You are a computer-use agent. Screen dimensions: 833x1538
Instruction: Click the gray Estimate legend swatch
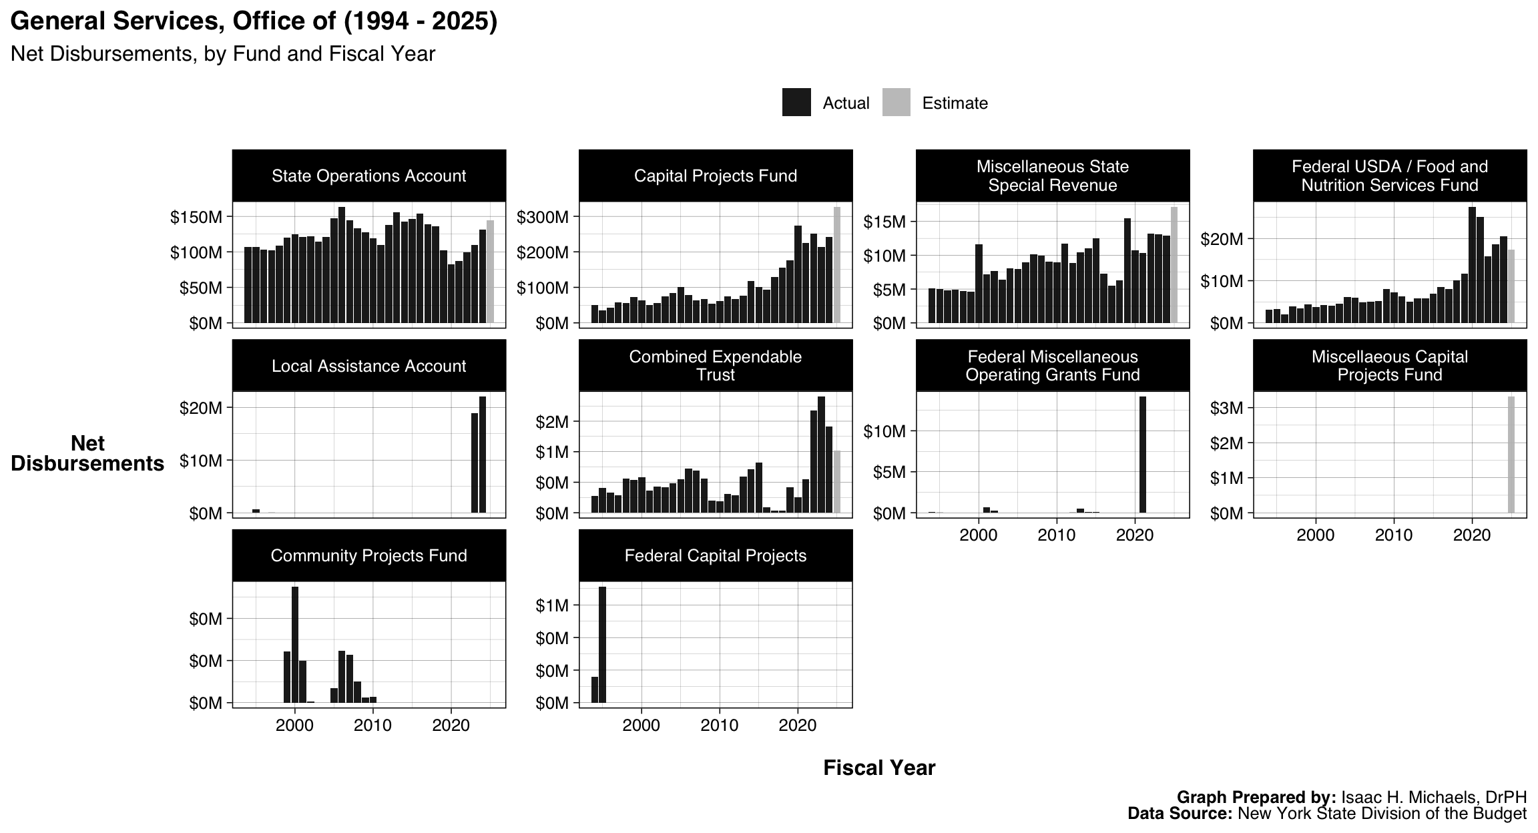(896, 103)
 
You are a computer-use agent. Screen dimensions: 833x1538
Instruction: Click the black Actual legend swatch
(796, 103)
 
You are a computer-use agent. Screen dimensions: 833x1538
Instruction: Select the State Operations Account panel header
(368, 176)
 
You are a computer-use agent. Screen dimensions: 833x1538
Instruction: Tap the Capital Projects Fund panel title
(715, 176)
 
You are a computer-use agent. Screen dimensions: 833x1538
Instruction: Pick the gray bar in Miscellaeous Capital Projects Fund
(1511, 455)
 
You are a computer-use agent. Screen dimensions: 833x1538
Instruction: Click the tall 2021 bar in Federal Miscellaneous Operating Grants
(1143, 455)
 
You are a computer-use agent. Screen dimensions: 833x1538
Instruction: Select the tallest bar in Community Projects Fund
(295, 644)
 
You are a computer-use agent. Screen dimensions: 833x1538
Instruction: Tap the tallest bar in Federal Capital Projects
(602, 644)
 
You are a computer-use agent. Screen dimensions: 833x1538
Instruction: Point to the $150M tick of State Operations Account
(196, 218)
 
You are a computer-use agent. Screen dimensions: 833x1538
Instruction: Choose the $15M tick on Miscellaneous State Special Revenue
(884, 222)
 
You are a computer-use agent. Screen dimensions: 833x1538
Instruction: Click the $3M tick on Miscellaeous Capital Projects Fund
(1227, 408)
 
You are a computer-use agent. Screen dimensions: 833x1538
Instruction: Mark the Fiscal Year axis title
(878, 768)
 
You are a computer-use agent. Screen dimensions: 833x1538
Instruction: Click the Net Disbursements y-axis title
(87, 454)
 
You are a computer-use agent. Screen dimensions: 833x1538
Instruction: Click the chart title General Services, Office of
(254, 21)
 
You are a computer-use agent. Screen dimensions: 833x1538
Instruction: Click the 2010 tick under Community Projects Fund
(372, 726)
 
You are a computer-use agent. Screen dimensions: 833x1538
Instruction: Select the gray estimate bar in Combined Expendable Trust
(837, 481)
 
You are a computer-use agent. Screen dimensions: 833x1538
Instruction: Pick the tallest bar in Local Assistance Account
(483, 455)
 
